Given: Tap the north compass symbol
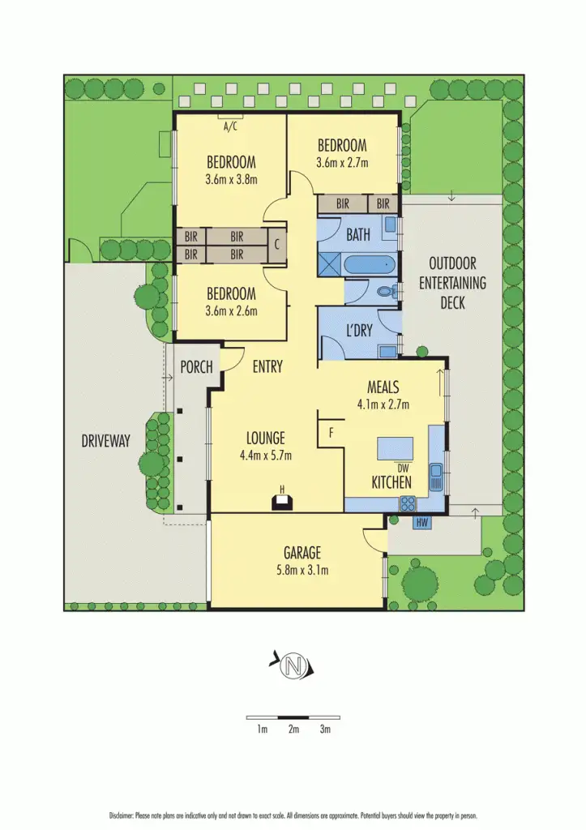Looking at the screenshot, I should coord(292,667).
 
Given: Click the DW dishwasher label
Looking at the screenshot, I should coord(403,468).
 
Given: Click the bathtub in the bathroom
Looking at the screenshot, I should coord(370,264).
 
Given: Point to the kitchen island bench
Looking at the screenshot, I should coord(396,448).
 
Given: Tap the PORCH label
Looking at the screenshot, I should coord(196,367).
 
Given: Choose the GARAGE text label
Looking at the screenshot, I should coord(302,554).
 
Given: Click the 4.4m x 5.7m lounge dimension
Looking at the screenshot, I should coord(265,456).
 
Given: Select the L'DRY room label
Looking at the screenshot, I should coord(358,332).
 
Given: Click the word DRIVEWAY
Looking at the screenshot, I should coord(105,441).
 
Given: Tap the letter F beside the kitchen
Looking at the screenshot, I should coord(331,433).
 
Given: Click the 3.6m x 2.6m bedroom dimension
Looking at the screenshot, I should coord(231,310).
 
